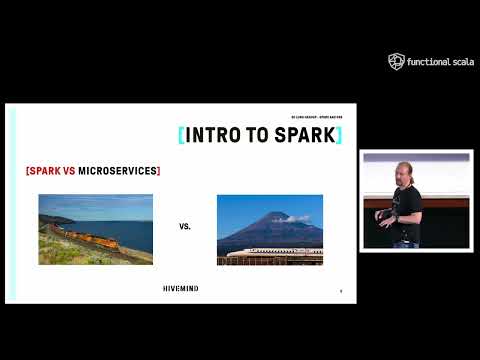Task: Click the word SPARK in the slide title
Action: pyautogui.click(x=304, y=135)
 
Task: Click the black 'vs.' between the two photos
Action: pyautogui.click(x=185, y=227)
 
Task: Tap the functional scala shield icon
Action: pyautogui.click(x=396, y=62)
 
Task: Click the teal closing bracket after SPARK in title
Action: pyautogui.click(x=338, y=135)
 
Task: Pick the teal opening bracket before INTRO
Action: pyautogui.click(x=181, y=135)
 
